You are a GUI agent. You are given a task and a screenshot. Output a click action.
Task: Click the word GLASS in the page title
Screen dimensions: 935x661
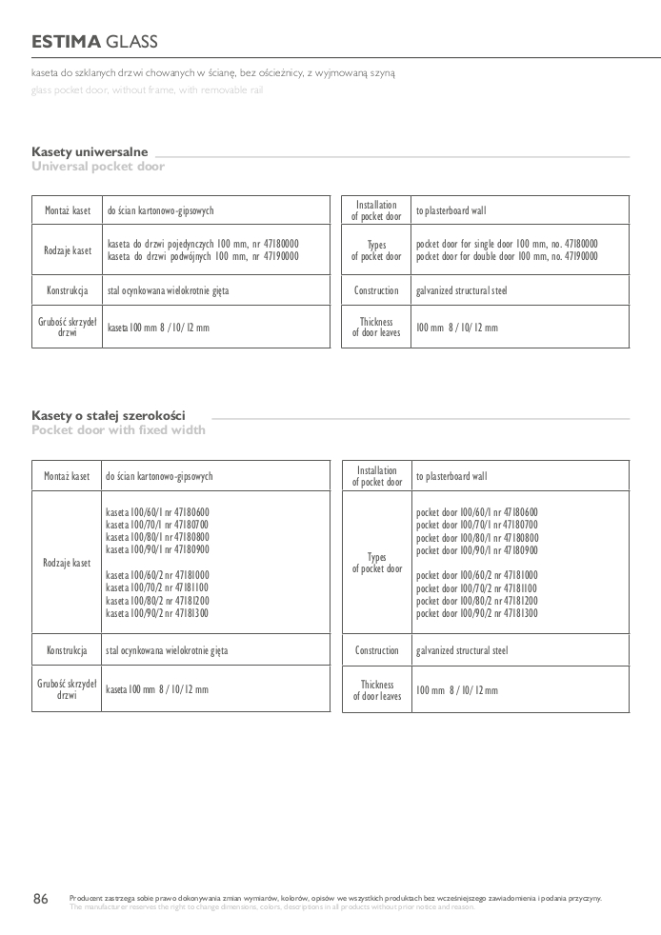132,42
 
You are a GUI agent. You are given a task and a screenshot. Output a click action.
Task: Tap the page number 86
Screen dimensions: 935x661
41,900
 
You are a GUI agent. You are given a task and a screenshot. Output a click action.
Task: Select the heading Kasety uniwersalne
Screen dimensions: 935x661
90,151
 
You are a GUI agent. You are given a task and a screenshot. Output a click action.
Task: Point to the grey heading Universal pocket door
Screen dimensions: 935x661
98,167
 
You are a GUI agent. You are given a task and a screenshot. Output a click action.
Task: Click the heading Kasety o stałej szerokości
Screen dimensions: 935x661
109,415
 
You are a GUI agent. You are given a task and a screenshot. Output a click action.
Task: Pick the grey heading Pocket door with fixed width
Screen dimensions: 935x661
118,430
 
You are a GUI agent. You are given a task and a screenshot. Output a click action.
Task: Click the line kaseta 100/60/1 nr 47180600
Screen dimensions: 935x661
157,511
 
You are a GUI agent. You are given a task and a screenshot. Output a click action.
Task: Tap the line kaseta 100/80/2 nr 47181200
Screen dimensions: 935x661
157,601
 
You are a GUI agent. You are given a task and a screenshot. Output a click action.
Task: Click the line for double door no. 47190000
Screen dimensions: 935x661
507,257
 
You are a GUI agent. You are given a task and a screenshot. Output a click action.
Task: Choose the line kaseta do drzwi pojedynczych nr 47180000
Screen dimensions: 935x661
203,244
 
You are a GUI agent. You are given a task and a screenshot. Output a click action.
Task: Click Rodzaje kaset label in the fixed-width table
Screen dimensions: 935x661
67,563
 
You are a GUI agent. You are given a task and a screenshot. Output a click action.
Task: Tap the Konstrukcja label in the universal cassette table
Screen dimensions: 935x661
68,289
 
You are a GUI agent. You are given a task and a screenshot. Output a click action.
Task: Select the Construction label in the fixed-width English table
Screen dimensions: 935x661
377,651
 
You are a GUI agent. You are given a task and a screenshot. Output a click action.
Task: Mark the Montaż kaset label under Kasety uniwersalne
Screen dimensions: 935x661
68,210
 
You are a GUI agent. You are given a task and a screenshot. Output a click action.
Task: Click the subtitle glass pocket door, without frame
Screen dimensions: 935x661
147,90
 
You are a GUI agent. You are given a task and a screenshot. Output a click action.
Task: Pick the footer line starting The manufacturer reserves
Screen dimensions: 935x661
271,906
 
